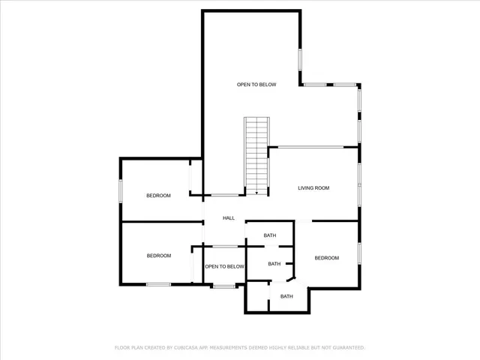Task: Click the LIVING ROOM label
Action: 313,188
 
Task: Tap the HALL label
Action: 229,218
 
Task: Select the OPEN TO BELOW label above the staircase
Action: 256,85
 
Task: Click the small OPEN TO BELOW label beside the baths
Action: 225,266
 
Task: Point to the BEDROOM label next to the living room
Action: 326,258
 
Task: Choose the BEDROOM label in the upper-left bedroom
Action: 158,196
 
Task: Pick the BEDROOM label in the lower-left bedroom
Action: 158,256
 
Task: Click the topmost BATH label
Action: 270,235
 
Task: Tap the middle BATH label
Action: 274,264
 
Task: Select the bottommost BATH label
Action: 286,296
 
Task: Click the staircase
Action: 256,154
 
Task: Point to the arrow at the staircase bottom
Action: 256,193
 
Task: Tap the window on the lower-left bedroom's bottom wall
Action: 158,283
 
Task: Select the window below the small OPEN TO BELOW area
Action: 223,286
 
